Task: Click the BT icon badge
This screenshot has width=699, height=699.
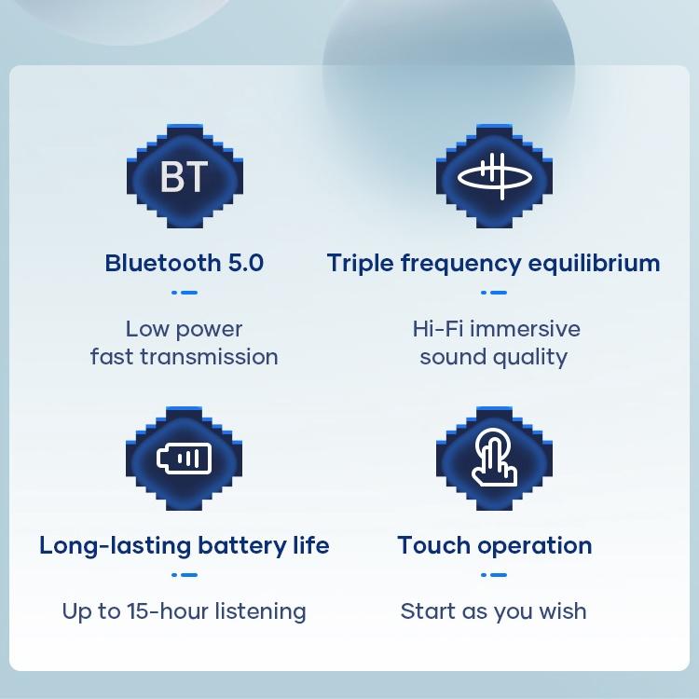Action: pyautogui.click(x=185, y=176)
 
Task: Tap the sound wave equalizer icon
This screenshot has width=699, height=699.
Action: pyautogui.click(x=494, y=176)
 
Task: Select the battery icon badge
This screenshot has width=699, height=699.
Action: pyautogui.click(x=185, y=458)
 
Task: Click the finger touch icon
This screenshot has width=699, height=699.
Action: pyautogui.click(x=494, y=458)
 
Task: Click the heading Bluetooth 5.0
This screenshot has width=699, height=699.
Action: pyautogui.click(x=185, y=263)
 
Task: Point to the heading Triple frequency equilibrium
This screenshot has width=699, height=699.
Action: pyautogui.click(x=493, y=263)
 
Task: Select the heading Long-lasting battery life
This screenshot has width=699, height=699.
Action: pyautogui.click(x=185, y=545)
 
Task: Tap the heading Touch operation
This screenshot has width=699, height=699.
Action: pyautogui.click(x=494, y=545)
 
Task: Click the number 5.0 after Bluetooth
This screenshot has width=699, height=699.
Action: pyautogui.click(x=246, y=263)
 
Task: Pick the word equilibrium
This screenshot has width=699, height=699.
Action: pyautogui.click(x=595, y=263)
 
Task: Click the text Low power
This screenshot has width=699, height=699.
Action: pyautogui.click(x=185, y=329)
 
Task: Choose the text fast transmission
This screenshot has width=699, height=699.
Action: pyautogui.click(x=185, y=357)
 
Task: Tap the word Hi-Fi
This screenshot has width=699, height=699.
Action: pyautogui.click(x=436, y=329)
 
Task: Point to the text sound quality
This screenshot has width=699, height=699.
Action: pyautogui.click(x=494, y=357)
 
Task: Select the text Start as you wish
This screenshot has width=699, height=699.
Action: pyautogui.click(x=494, y=611)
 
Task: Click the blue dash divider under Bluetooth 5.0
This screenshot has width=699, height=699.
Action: pyautogui.click(x=185, y=293)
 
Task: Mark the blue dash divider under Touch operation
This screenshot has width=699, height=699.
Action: pyautogui.click(x=494, y=575)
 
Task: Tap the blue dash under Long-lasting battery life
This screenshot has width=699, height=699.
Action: pyautogui.click(x=185, y=575)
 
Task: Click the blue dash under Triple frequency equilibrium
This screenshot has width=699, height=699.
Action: pyautogui.click(x=494, y=293)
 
